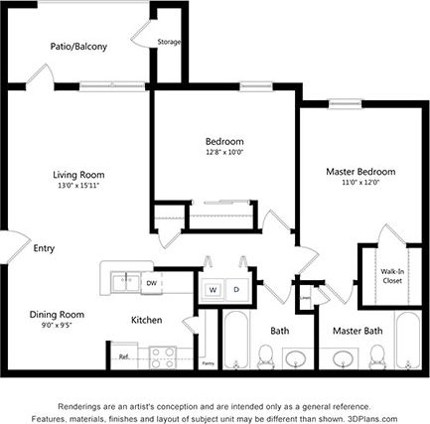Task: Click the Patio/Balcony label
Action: click(78, 47)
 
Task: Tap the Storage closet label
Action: click(170, 43)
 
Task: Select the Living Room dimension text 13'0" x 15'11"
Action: click(78, 185)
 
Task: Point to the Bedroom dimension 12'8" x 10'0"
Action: click(224, 152)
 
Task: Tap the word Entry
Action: click(44, 248)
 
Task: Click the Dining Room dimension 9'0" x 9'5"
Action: click(57, 323)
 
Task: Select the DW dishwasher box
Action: click(151, 282)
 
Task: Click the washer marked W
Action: click(212, 290)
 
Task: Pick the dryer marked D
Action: click(236, 290)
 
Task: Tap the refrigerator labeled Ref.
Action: click(124, 355)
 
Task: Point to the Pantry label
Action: click(208, 363)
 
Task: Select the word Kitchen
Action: click(147, 320)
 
